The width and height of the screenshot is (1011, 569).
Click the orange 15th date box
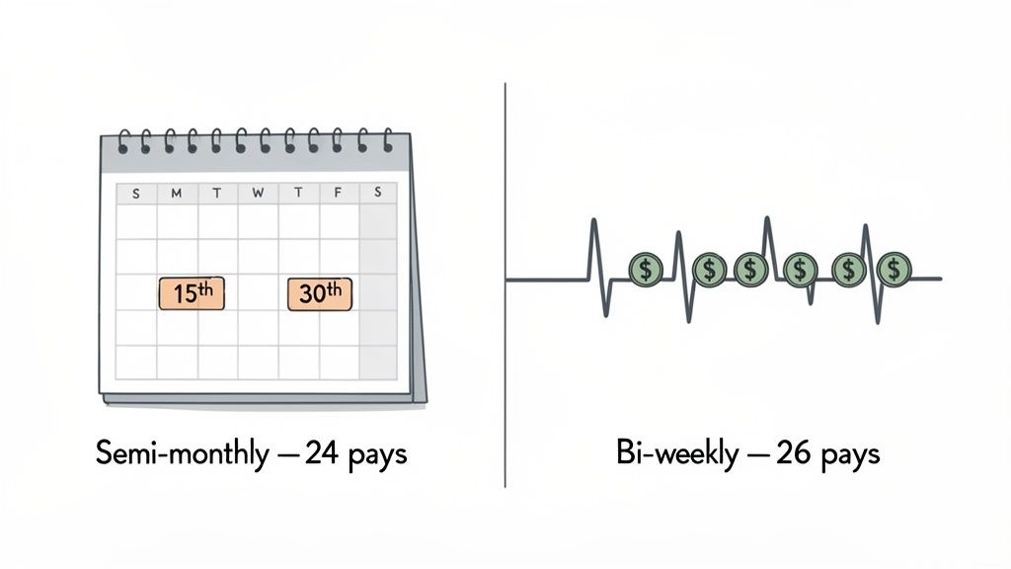[192, 293]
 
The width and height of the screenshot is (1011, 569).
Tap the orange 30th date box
[319, 293]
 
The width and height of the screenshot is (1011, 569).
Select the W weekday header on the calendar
[257, 194]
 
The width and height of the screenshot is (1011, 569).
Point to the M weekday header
[176, 194]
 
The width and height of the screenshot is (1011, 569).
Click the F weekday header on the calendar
[338, 194]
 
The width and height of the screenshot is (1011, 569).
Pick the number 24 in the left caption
[322, 454]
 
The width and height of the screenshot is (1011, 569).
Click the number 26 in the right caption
[796, 454]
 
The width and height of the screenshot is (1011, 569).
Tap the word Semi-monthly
[182, 454]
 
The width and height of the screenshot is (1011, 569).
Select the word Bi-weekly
[676, 454]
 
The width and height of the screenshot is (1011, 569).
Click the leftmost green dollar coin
[646, 268]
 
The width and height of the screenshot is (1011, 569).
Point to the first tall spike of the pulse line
[594, 237]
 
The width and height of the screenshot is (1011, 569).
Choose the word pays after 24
[374, 454]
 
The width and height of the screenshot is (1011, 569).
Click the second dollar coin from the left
[709, 268]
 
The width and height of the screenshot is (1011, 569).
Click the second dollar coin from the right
[848, 268]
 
